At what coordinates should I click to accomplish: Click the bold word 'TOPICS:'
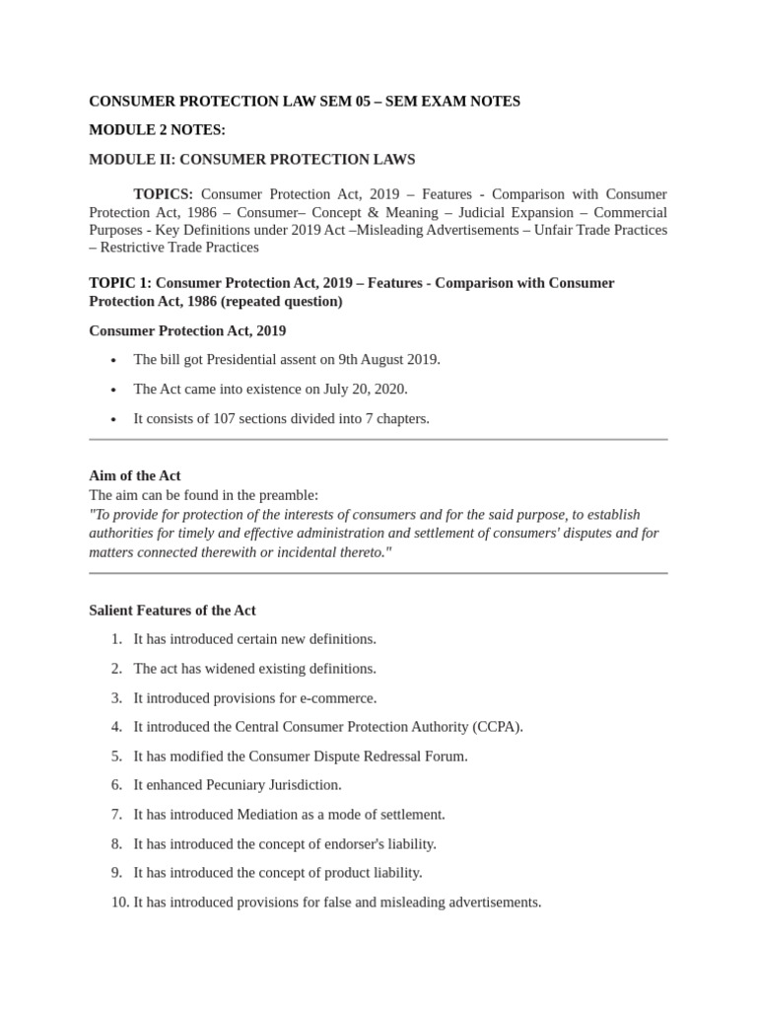(x=164, y=194)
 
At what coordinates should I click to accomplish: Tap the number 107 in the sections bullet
(x=225, y=418)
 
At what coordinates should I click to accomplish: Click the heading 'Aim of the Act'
(x=135, y=475)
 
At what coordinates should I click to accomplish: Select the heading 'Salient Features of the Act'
(x=172, y=611)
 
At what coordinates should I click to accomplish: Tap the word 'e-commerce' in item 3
(x=341, y=697)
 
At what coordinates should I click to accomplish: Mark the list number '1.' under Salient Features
(x=116, y=639)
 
